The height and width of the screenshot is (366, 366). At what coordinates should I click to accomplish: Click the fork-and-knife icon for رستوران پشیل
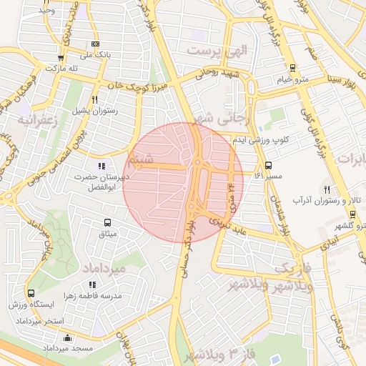point(95,100)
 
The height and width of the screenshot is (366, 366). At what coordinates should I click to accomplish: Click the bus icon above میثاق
point(107,223)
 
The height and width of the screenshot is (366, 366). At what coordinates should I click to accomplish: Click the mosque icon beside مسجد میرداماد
point(67,337)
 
